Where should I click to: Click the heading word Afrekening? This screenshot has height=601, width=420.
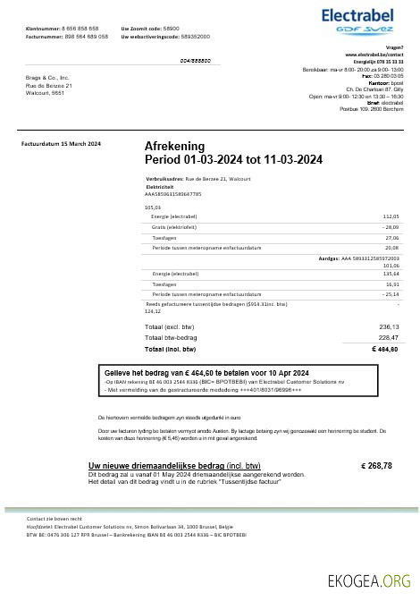pos(174,146)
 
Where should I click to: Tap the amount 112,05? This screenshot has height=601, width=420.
pos(391,216)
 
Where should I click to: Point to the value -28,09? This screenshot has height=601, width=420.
pos(390,227)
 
